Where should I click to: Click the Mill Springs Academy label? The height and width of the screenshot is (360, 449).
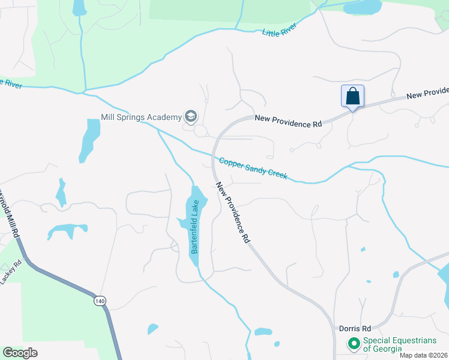click(x=140, y=116)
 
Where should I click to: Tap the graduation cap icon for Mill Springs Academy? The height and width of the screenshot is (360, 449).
click(x=191, y=116)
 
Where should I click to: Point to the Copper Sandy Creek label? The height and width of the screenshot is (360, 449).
click(x=253, y=169)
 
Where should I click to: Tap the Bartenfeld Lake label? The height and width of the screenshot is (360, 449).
click(x=194, y=227)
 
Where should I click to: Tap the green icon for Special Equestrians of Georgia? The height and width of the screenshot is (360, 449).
click(x=354, y=344)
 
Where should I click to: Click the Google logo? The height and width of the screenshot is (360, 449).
click(x=20, y=352)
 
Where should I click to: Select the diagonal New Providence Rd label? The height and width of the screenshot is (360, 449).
click(x=233, y=212)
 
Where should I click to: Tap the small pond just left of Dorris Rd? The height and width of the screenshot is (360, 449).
click(x=263, y=331)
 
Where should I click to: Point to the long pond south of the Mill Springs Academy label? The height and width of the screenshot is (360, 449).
click(x=90, y=139)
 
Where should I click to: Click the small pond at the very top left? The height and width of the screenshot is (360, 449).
click(x=79, y=7)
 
